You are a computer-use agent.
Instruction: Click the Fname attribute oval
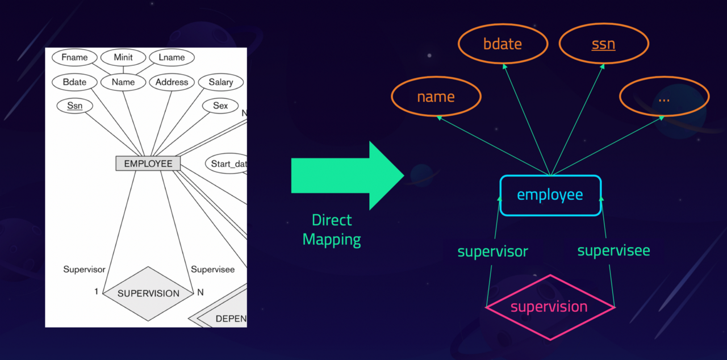[74, 57]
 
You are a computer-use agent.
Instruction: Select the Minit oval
[123, 57]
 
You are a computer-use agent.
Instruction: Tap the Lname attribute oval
[172, 57]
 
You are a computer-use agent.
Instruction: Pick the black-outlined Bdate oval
[74, 82]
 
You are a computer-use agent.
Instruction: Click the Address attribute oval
[172, 82]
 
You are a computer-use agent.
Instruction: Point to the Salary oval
[221, 82]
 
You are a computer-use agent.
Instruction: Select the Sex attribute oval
[220, 106]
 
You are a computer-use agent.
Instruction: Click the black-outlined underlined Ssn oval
[74, 106]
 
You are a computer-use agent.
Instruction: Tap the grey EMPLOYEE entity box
[148, 164]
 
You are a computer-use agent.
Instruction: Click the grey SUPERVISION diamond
[148, 293]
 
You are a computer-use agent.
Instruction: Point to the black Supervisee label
[212, 269]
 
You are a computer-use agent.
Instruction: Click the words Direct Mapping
[332, 230]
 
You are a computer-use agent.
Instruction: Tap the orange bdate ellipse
[503, 44]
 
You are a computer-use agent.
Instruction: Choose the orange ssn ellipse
[603, 44]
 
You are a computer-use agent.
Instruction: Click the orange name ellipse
[436, 97]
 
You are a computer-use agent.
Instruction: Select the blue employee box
[550, 195]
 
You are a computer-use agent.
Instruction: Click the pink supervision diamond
[549, 307]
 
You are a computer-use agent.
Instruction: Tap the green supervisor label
[492, 251]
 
